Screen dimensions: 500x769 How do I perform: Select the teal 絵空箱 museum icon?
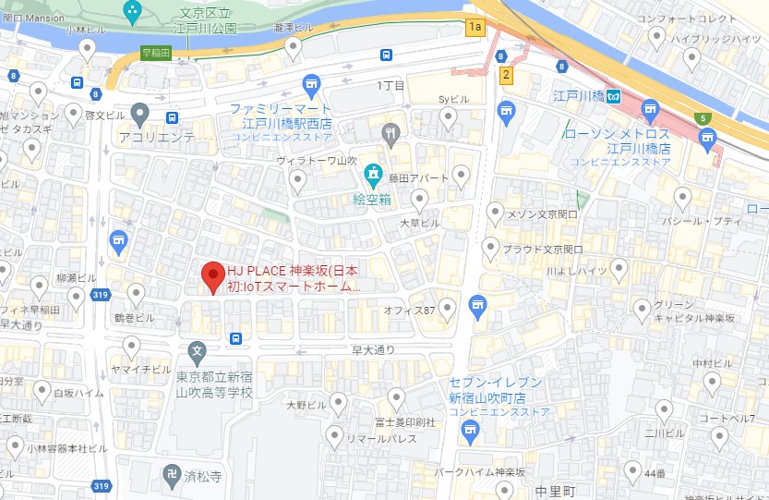(x=373, y=173)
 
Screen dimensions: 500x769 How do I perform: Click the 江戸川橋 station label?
(x=571, y=96)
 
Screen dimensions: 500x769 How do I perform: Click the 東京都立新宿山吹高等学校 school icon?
(x=197, y=351)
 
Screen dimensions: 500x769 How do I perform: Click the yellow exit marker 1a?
(x=475, y=27)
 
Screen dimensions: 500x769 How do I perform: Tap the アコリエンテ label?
(x=157, y=137)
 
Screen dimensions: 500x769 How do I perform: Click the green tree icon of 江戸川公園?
(x=132, y=13)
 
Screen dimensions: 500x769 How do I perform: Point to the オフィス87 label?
(x=409, y=311)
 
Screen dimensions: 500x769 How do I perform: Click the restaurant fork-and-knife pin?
(x=391, y=131)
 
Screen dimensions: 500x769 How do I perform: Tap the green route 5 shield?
(x=703, y=118)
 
